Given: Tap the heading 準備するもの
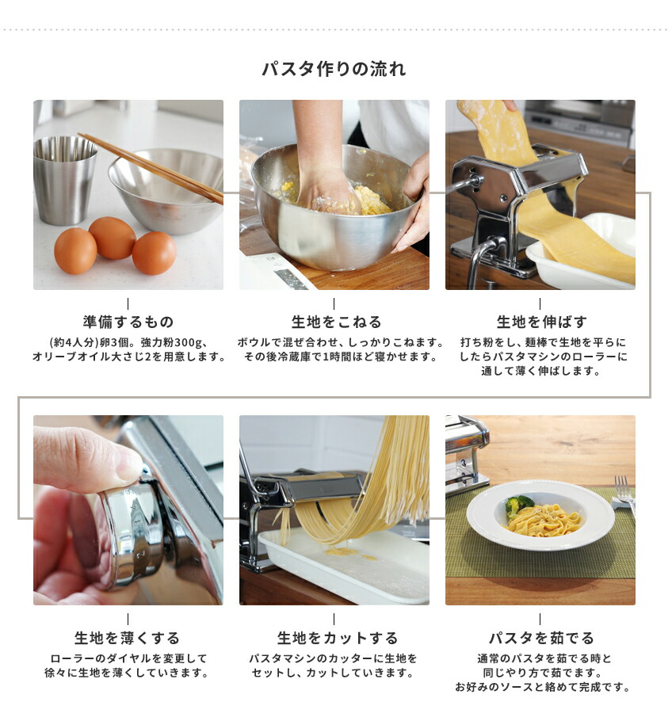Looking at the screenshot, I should pyautogui.click(x=128, y=322).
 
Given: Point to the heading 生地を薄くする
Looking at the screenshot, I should pyautogui.click(x=128, y=638).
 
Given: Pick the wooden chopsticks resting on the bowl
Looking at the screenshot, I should pyautogui.click(x=151, y=166).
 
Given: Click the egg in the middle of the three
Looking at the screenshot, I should pyautogui.click(x=112, y=238).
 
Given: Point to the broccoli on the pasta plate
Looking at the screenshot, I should pyautogui.click(x=519, y=505).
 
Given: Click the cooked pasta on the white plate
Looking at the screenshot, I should pyautogui.click(x=547, y=521).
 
